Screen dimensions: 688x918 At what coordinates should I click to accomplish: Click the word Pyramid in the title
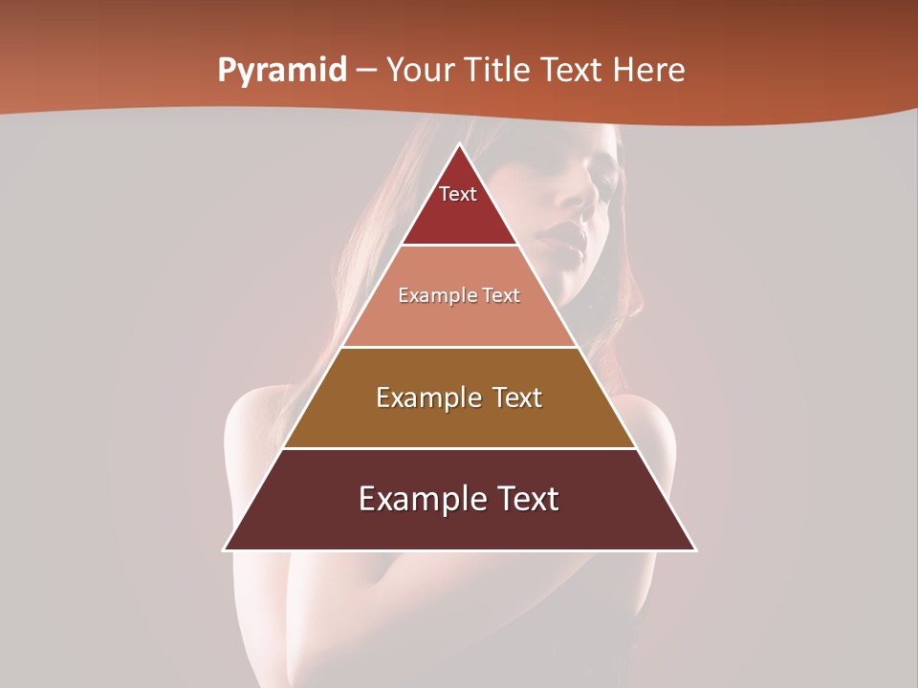[x=281, y=71]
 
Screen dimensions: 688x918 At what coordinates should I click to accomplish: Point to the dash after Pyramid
[x=366, y=71]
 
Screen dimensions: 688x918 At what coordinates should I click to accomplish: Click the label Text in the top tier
[x=458, y=194]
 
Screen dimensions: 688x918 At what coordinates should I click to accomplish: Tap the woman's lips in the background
[x=564, y=240]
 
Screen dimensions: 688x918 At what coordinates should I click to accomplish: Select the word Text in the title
[x=576, y=70]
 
